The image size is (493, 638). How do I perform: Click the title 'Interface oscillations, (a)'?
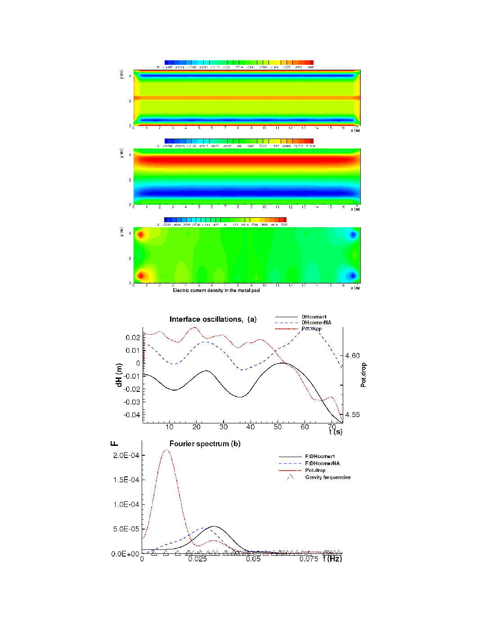[x=213, y=319]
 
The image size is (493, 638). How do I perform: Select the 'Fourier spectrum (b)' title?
[x=205, y=444]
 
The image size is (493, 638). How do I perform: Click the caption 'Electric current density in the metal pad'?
[x=216, y=291]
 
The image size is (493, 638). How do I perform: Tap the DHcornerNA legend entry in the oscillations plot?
[x=316, y=323]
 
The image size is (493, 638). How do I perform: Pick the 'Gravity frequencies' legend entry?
[x=327, y=477]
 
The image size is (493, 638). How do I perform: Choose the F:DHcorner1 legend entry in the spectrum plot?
[x=320, y=457]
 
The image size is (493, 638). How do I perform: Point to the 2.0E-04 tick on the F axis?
[x=126, y=455]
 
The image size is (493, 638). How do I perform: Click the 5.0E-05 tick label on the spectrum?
[x=126, y=529]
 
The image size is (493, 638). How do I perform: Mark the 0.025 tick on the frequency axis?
[x=197, y=559]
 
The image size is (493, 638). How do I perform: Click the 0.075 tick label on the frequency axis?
[x=309, y=559]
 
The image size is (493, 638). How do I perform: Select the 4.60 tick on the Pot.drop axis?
[x=353, y=356]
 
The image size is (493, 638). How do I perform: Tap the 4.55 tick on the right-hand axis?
[x=353, y=415]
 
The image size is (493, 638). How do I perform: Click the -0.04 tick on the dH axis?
[x=132, y=415]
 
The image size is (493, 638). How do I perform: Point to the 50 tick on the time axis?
[x=278, y=427]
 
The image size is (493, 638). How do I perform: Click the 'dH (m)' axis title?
[x=119, y=375]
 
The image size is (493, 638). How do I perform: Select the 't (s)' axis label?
[x=336, y=432]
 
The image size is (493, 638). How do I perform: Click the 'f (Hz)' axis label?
[x=332, y=559]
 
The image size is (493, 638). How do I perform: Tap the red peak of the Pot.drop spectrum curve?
[x=167, y=449]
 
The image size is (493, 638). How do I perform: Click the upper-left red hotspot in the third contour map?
[x=141, y=235]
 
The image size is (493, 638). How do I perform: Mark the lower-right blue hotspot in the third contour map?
[x=353, y=275]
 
